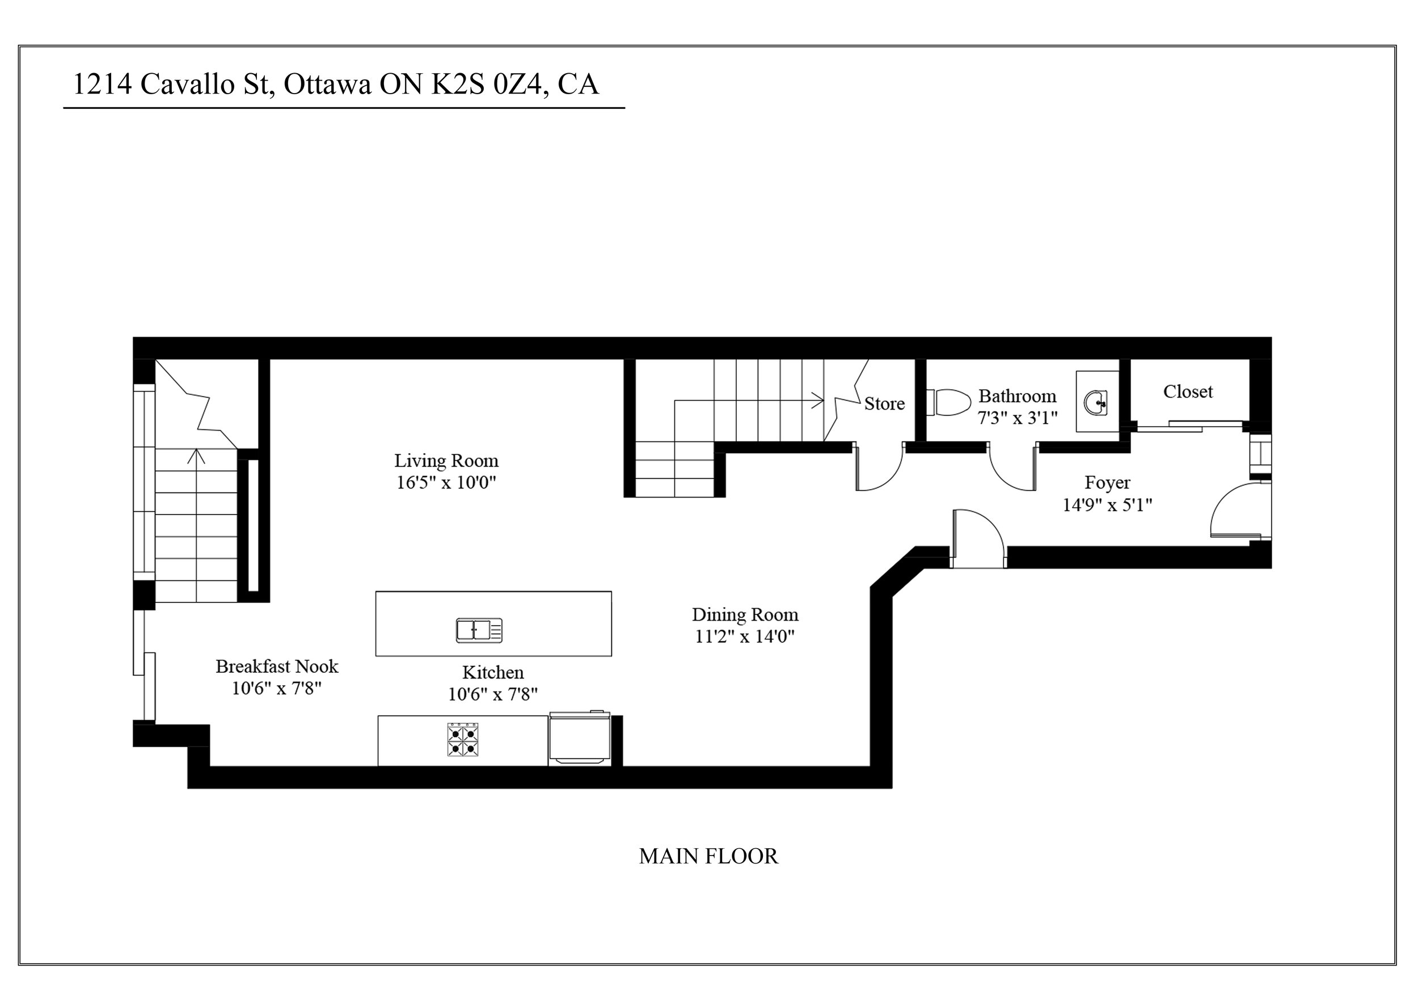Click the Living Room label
click(446, 461)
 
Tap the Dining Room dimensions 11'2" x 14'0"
click(744, 637)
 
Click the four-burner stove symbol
click(463, 740)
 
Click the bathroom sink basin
click(1096, 403)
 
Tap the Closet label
click(1188, 391)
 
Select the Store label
click(884, 404)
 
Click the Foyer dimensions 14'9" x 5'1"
click(1107, 505)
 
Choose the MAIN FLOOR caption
click(708, 856)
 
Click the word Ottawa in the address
click(327, 85)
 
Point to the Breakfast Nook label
click(277, 667)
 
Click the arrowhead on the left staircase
click(196, 456)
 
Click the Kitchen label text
click(493, 673)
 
